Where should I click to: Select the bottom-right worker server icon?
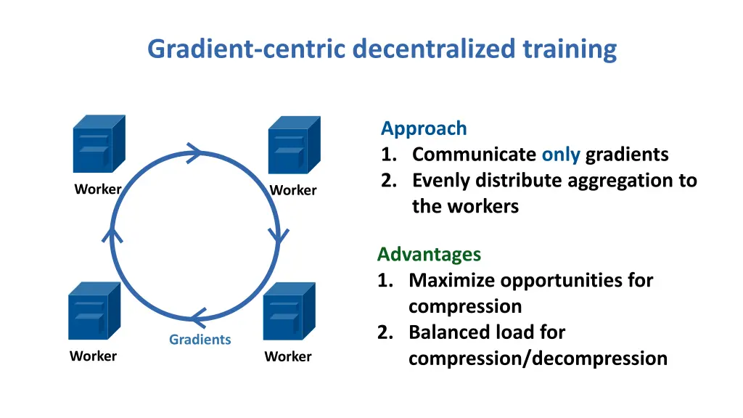pos(289,311)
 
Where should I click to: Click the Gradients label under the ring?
pos(200,340)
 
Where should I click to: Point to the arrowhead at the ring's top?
pos(194,152)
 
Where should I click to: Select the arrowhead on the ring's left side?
pos(112,233)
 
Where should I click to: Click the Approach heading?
pos(424,128)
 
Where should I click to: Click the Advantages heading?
pos(429,254)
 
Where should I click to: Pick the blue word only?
pos(561,155)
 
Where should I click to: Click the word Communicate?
pos(474,155)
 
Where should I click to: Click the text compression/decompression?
pos(538,358)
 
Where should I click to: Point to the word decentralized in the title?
pos(435,49)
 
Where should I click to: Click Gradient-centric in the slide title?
pos(247,49)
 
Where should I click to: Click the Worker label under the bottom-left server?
pos(93,356)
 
